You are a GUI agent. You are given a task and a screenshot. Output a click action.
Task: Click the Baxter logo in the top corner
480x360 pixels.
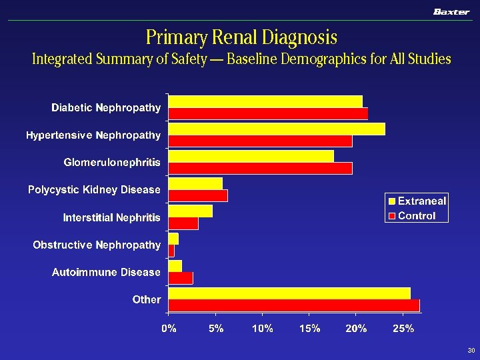(x=451, y=11)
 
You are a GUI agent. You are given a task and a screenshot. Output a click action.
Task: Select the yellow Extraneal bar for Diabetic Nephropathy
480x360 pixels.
(x=265, y=101)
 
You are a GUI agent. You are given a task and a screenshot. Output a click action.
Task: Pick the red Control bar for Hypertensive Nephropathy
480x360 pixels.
(x=260, y=141)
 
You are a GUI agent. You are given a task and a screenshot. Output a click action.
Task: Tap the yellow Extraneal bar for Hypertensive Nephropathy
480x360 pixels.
(x=277, y=129)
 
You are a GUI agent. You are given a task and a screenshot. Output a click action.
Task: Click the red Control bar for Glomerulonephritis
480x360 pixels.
(x=260, y=168)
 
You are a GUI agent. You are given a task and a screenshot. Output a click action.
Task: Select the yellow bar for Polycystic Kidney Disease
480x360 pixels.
(x=195, y=183)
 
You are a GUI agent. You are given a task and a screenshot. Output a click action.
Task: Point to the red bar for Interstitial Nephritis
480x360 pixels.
(x=183, y=223)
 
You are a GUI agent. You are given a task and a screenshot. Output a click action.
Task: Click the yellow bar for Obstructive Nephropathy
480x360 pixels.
(x=173, y=239)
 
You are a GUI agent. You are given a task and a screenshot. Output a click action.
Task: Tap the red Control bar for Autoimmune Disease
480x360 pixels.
(x=181, y=278)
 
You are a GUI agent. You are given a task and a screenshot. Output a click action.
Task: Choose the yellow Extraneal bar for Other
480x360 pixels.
(x=289, y=293)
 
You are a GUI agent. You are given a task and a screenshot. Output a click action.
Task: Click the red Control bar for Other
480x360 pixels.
(x=294, y=305)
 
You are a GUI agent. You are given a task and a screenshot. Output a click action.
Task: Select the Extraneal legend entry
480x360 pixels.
(x=418, y=201)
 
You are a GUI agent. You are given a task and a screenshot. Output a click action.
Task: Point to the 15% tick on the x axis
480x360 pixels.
(x=309, y=328)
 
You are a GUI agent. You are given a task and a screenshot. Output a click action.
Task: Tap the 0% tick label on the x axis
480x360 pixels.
(x=169, y=328)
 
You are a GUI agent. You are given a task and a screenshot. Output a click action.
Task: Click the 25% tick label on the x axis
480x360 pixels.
(x=403, y=328)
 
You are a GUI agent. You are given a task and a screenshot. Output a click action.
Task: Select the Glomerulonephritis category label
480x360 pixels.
(x=112, y=163)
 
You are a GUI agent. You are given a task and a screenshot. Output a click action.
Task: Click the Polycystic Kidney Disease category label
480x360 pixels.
(x=94, y=190)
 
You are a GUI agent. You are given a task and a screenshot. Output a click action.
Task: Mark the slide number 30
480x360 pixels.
(x=471, y=351)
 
